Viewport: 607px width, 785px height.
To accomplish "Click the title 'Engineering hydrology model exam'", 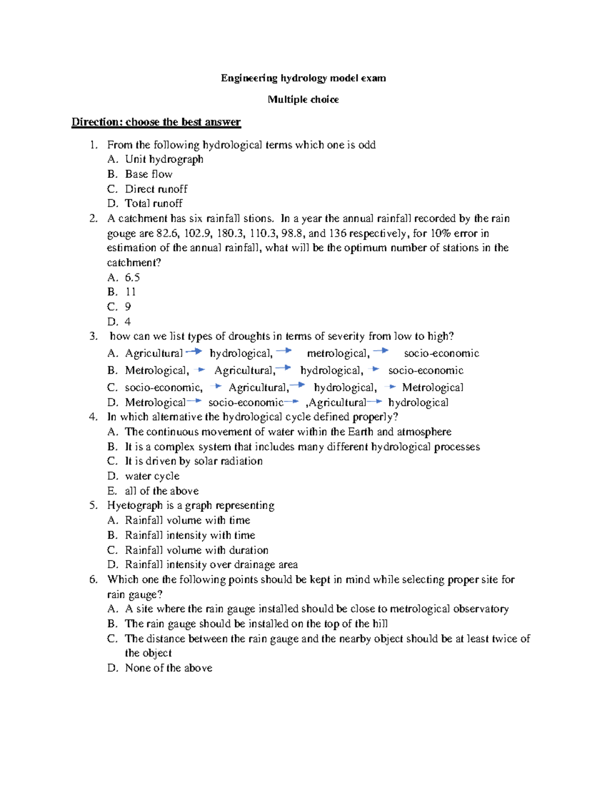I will point(303,78).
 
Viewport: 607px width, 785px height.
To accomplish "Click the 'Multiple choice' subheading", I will point(303,100).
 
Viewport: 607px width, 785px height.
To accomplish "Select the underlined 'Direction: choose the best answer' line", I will point(156,122).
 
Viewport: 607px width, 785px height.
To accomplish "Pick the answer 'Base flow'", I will point(149,174).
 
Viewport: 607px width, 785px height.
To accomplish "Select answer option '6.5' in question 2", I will point(133,278).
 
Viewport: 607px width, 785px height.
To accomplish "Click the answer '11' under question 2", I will point(131,292).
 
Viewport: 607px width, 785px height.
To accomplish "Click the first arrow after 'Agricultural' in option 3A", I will point(194,351).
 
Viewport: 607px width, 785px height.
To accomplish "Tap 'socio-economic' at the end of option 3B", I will point(425,371).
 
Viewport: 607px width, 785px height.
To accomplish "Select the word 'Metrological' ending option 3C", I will point(432,388).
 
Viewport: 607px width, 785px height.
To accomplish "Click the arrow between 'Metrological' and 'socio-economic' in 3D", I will point(194,401).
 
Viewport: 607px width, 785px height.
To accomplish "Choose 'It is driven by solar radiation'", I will point(194,461).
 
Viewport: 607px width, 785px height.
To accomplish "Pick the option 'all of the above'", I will point(161,491).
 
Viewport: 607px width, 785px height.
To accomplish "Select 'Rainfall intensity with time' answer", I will point(190,535).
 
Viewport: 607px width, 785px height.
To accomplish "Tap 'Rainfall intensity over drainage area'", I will point(211,565).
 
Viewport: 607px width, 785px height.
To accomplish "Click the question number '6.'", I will point(94,580).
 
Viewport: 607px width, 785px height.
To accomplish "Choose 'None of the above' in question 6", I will point(168,668).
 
